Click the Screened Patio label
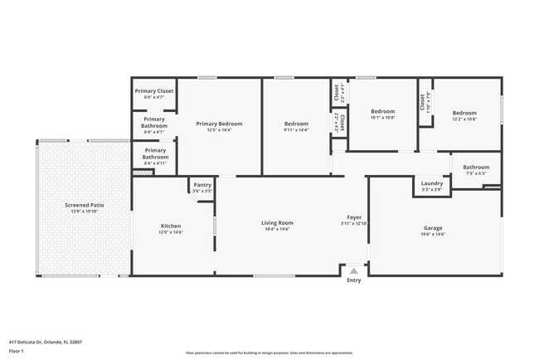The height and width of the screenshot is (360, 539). (85, 205)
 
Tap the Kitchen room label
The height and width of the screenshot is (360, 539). (171, 226)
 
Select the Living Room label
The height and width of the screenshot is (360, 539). (278, 222)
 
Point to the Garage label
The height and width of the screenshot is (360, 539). (433, 228)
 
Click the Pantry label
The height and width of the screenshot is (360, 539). (202, 185)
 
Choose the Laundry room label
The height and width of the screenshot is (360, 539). (432, 183)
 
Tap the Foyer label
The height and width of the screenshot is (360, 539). (353, 217)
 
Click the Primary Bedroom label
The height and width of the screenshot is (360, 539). (219, 124)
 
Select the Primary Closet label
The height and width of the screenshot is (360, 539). (154, 92)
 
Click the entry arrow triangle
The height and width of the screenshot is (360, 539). (354, 270)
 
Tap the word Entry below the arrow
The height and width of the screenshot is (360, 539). (354, 280)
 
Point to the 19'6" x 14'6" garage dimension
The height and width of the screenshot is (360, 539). (433, 235)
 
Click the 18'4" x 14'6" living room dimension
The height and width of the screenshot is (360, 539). (278, 229)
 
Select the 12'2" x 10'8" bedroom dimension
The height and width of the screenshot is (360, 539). (464, 119)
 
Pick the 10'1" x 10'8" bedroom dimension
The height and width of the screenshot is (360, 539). (382, 118)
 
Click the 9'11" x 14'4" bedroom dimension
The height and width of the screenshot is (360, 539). (296, 130)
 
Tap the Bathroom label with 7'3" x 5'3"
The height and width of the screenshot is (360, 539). (476, 167)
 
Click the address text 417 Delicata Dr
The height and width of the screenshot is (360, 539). (46, 342)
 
